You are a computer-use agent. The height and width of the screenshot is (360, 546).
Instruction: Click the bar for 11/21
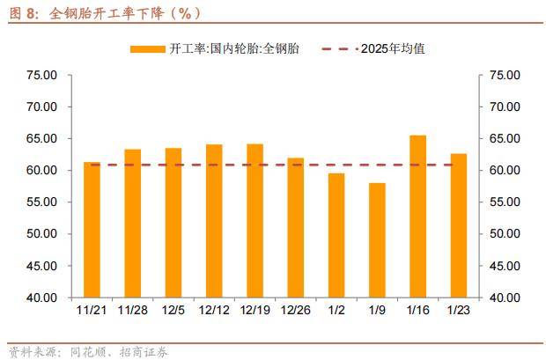click(x=92, y=230)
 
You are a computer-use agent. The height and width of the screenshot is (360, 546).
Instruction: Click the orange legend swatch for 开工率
click(x=146, y=49)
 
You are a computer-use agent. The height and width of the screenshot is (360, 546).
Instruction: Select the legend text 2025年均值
click(x=393, y=49)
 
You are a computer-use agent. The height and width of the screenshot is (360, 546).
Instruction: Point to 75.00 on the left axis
click(x=43, y=76)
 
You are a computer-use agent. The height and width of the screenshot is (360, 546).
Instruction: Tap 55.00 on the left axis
click(x=43, y=202)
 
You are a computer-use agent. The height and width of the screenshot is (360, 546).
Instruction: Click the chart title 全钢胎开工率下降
click(x=123, y=13)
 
